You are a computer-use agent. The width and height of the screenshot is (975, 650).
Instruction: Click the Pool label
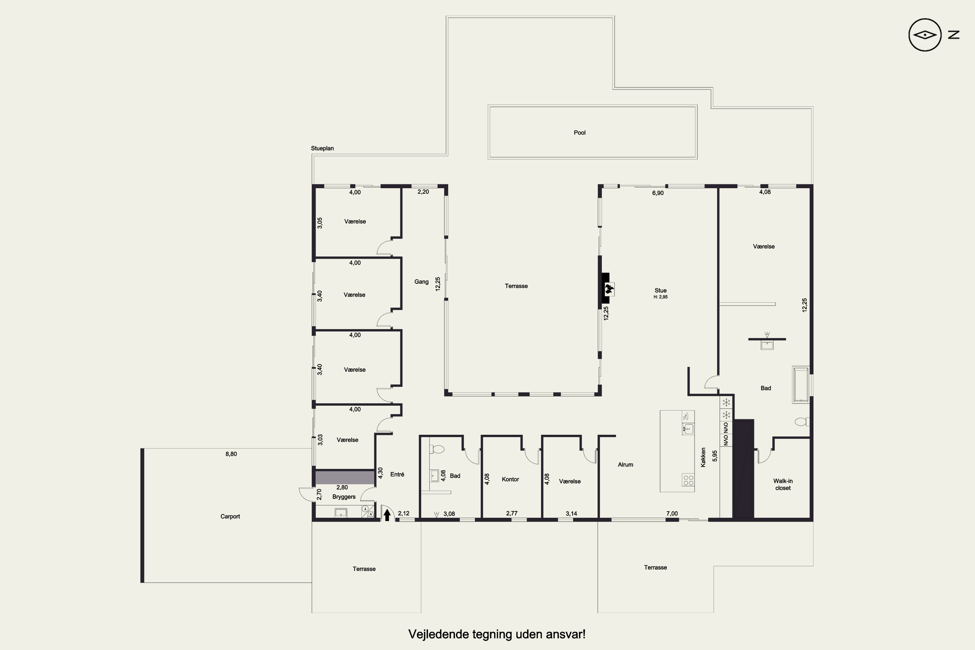tap(579, 133)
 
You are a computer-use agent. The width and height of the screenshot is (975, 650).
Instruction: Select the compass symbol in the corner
tap(925, 35)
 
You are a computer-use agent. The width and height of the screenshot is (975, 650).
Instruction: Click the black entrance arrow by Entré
tap(387, 515)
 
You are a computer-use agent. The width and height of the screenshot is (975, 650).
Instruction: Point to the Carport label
tap(230, 516)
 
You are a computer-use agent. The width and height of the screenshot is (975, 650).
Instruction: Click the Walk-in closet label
tap(783, 485)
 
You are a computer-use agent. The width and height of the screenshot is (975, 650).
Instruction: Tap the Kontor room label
tap(510, 479)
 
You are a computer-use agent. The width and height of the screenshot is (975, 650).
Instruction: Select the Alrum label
tap(626, 465)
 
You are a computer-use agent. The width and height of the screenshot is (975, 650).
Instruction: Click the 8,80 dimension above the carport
tap(231, 454)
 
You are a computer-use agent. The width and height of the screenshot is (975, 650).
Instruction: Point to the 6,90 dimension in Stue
tap(658, 193)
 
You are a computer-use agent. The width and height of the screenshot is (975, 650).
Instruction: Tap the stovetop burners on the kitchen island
tap(688, 480)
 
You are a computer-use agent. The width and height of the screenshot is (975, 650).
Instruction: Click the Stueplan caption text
tap(322, 149)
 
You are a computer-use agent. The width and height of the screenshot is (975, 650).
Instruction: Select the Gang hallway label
tap(421, 282)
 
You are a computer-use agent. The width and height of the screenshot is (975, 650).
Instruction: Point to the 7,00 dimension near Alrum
tap(672, 513)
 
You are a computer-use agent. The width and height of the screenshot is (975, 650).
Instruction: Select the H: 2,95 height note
tap(661, 297)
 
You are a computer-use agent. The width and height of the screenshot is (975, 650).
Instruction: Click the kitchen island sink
tap(688, 429)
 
